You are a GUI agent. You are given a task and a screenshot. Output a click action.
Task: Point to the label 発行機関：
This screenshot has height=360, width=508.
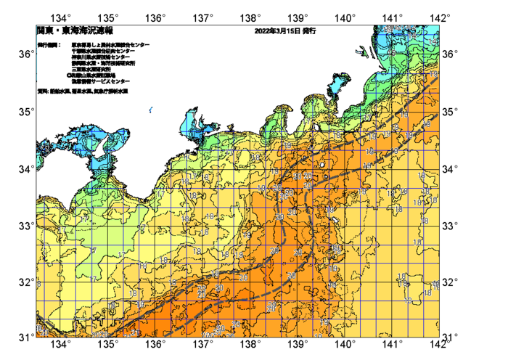49,45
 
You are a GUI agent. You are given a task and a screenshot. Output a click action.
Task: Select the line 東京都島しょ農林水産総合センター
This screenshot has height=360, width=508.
110,45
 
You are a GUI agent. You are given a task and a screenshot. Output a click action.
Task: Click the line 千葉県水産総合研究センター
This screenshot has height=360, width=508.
105,51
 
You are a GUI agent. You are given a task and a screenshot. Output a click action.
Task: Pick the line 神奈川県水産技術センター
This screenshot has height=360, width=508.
105,57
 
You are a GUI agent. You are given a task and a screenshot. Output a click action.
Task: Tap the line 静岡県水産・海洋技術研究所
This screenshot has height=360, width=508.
108,63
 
